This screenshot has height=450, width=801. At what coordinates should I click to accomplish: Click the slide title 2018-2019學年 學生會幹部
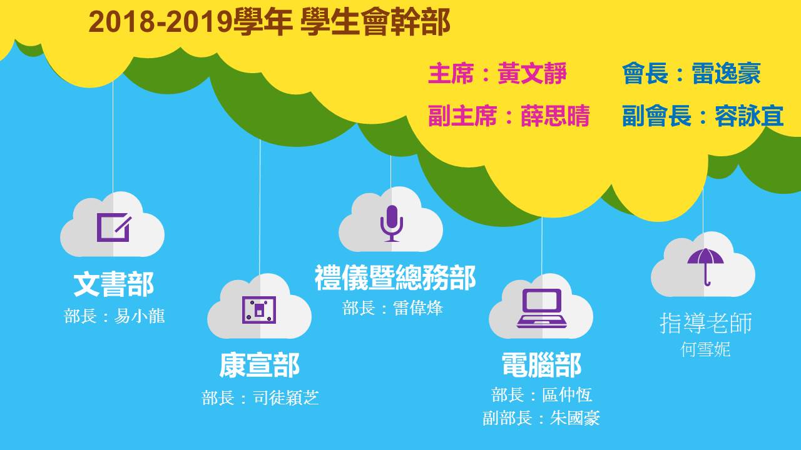click(269, 22)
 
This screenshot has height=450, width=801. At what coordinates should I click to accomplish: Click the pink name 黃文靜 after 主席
click(532, 73)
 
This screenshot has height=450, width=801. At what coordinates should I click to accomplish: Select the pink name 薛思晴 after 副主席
click(555, 116)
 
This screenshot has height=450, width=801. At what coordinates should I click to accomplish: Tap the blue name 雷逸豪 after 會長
click(727, 73)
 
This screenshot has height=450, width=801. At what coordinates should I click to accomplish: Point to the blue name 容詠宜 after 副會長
click(749, 116)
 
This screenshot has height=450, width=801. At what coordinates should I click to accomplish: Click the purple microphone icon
click(392, 224)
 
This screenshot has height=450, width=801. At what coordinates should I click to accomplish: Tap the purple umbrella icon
click(705, 267)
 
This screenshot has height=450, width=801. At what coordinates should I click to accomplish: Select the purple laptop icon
click(542, 308)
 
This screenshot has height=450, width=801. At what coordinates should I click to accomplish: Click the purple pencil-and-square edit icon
click(114, 227)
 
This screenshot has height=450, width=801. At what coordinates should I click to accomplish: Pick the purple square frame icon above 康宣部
click(259, 309)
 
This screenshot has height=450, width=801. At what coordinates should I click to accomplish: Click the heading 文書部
click(114, 284)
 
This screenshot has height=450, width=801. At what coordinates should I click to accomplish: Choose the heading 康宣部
click(259, 365)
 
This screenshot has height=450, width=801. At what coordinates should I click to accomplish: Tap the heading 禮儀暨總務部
click(395, 278)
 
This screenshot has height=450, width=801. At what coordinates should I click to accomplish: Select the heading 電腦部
click(542, 365)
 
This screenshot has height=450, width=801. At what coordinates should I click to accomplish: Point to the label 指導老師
click(706, 323)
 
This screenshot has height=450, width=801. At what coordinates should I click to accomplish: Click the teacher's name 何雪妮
click(705, 349)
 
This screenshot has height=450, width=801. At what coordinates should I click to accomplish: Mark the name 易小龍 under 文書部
click(140, 316)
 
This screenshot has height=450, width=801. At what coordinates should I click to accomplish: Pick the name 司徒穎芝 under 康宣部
click(286, 397)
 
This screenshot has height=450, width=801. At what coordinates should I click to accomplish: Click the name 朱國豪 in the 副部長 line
click(575, 418)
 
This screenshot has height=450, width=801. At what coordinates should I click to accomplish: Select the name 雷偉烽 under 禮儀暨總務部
click(418, 308)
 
